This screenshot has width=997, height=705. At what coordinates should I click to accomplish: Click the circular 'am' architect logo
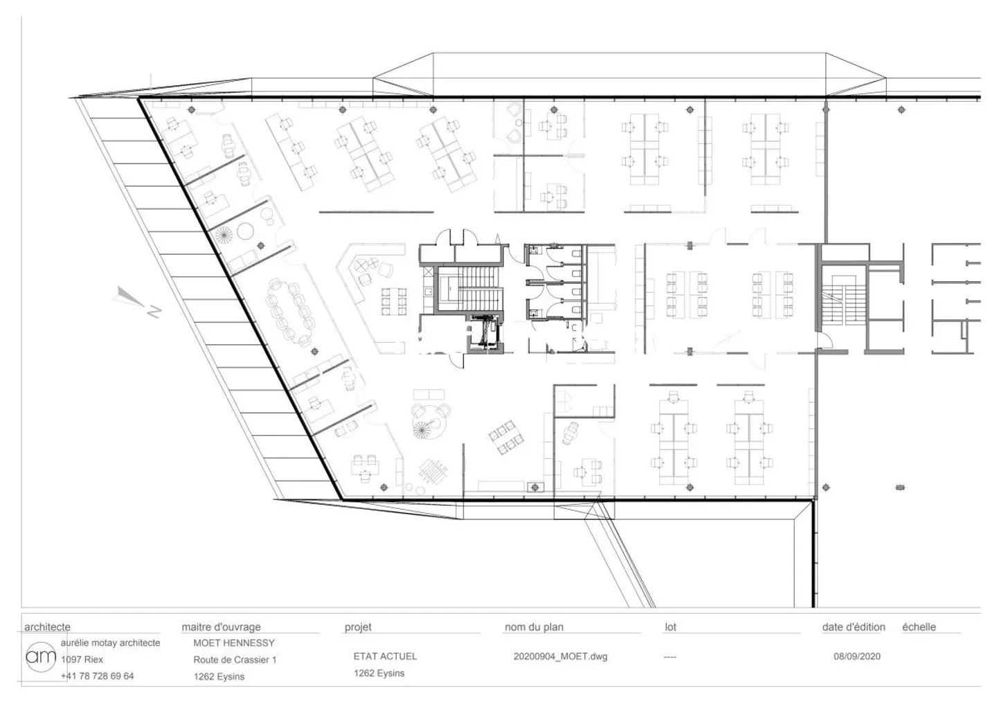[41, 657]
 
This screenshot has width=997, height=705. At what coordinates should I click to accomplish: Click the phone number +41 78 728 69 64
[97, 676]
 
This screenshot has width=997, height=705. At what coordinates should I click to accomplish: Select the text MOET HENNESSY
[234, 643]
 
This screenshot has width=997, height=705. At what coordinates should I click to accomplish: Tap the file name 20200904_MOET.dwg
[560, 657]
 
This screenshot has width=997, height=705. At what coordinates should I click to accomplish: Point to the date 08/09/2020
[857, 657]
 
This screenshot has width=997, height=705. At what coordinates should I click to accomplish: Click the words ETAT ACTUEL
[385, 657]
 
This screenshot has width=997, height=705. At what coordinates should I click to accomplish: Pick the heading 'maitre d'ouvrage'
[222, 627]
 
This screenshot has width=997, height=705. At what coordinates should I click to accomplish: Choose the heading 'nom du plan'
[534, 627]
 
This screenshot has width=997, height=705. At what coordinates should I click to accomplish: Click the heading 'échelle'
[919, 627]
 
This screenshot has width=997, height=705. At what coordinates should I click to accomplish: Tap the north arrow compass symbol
[136, 302]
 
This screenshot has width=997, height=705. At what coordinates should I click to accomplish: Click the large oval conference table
[290, 311]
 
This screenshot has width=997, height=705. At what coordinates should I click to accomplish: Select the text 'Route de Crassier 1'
[235, 659]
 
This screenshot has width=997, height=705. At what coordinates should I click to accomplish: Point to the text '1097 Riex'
[82, 659]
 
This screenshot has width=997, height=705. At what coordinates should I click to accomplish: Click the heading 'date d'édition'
[854, 627]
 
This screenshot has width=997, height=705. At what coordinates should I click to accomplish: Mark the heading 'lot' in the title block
[670, 627]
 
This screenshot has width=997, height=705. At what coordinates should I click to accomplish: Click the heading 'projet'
[358, 627]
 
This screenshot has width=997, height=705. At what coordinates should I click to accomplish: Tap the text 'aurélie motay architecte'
[110, 643]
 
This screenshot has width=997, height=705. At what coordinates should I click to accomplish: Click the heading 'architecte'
[47, 627]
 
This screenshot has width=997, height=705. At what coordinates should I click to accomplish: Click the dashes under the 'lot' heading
[670, 657]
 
